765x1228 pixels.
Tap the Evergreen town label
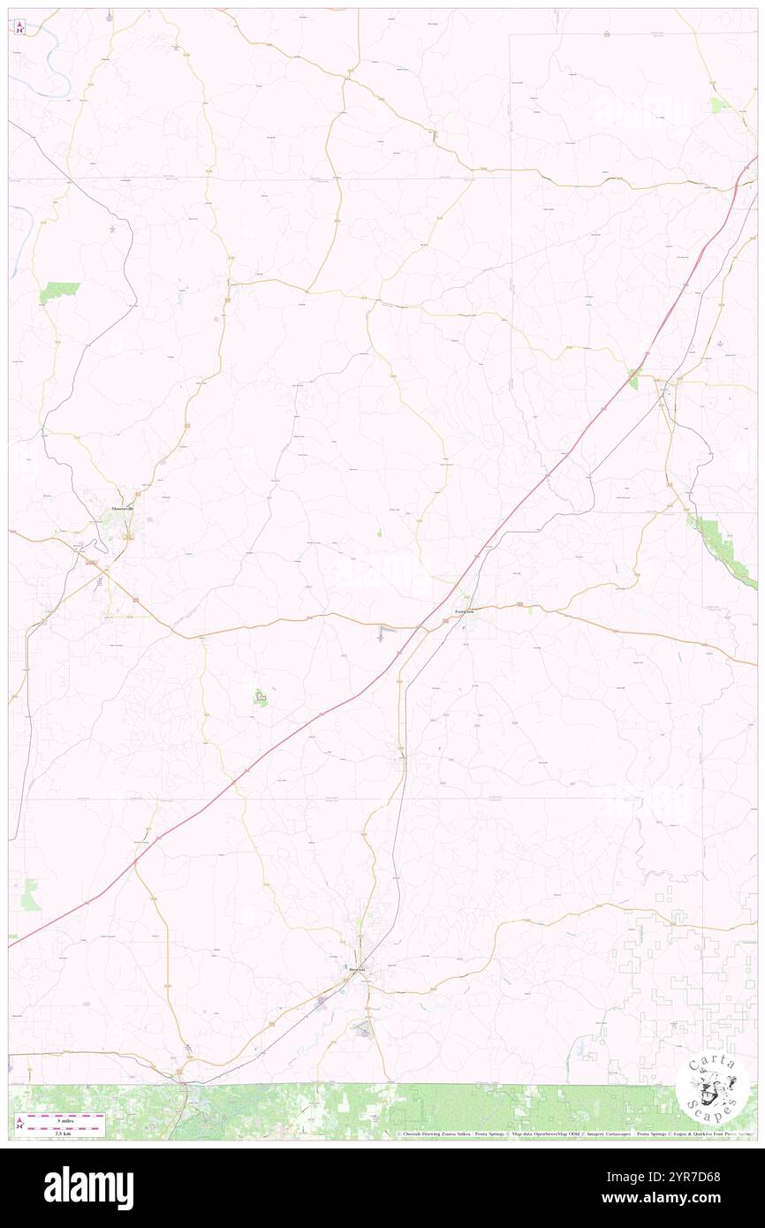click(465, 610)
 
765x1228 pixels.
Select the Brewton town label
click(358, 968)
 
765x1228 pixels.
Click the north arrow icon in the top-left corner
click(20, 27)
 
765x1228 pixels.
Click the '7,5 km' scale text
click(60, 1133)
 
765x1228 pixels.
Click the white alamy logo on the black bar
click(88, 1187)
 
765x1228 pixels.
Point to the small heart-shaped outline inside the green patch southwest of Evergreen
click(261, 698)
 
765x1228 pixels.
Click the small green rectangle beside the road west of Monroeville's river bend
click(59, 292)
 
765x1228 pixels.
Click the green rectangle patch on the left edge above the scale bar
click(31, 894)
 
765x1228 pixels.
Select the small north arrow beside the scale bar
click(19, 1124)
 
